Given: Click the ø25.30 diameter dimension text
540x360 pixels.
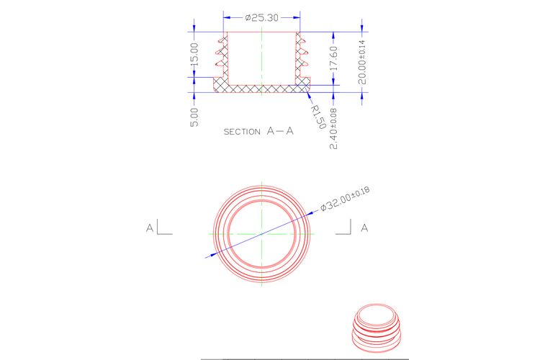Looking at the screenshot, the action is (262, 17).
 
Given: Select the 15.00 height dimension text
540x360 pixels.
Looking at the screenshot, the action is (194, 55).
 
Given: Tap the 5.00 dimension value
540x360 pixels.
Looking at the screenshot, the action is (194, 117).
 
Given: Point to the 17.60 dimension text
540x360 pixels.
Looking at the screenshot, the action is (333, 58).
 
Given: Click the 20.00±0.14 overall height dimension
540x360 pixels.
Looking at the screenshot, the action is (362, 63).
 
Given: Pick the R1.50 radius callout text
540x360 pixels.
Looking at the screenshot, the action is (318, 117).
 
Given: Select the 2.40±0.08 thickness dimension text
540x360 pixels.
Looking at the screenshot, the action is (333, 129).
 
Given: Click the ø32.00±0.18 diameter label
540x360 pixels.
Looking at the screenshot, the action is (345, 198).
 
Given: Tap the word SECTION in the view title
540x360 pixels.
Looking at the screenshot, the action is (242, 132).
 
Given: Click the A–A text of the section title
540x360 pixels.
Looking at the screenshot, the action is (280, 131).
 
